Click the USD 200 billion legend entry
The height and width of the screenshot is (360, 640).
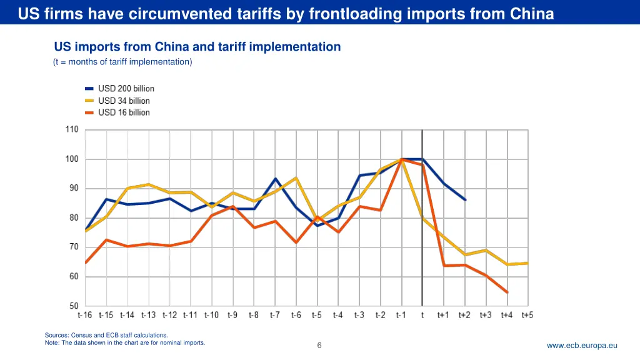pos(126,89)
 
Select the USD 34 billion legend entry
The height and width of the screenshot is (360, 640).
pos(124,101)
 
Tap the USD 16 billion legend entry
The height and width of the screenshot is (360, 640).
pos(124,112)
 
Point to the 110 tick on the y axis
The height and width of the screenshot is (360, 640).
pos(71,130)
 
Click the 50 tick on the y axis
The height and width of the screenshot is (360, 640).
pos(73,306)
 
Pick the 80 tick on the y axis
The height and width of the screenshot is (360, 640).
pos(73,218)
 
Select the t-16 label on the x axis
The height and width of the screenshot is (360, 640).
pos(84,315)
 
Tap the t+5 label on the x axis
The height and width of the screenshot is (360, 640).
pos(528,315)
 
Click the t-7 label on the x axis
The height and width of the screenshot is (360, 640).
pos(274,315)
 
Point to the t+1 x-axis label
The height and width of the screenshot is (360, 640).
pos(443,315)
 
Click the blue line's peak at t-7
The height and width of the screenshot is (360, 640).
pos(275,179)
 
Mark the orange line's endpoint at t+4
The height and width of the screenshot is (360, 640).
pos(507,292)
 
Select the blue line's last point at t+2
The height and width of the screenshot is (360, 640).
pos(465,200)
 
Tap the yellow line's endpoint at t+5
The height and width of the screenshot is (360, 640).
pos(528,263)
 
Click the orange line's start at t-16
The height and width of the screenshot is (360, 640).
pos(85,262)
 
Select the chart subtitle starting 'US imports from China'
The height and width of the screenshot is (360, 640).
pos(197,47)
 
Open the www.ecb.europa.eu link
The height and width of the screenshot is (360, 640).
pos(582,346)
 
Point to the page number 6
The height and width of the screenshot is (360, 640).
pos(319,346)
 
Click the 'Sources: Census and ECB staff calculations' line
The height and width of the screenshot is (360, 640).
pos(106,336)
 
